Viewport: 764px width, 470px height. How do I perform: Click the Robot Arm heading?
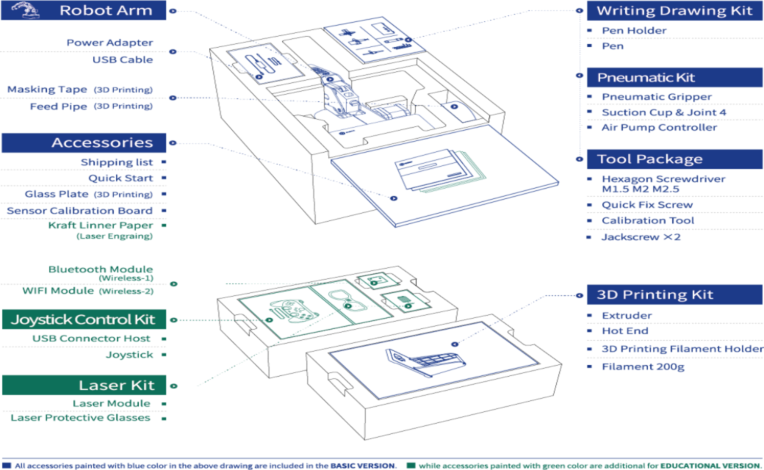tap(105, 10)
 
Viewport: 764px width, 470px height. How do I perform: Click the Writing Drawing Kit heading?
tap(674, 10)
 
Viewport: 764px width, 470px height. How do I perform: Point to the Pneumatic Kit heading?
tap(645, 78)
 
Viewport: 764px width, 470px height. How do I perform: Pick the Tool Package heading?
tap(649, 159)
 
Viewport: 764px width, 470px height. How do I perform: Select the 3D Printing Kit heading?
tap(655, 294)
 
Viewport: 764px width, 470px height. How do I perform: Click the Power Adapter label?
tap(109, 43)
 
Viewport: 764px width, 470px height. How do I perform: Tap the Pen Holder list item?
tap(634, 31)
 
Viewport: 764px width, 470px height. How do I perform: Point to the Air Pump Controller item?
tap(659, 127)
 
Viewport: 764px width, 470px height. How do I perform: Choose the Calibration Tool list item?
tap(647, 220)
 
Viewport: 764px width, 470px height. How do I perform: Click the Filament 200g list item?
tap(643, 366)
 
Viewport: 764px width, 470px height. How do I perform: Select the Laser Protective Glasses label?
tap(81, 418)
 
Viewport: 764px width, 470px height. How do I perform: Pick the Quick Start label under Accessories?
tap(120, 178)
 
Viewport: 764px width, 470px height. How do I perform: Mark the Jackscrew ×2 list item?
tap(641, 237)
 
